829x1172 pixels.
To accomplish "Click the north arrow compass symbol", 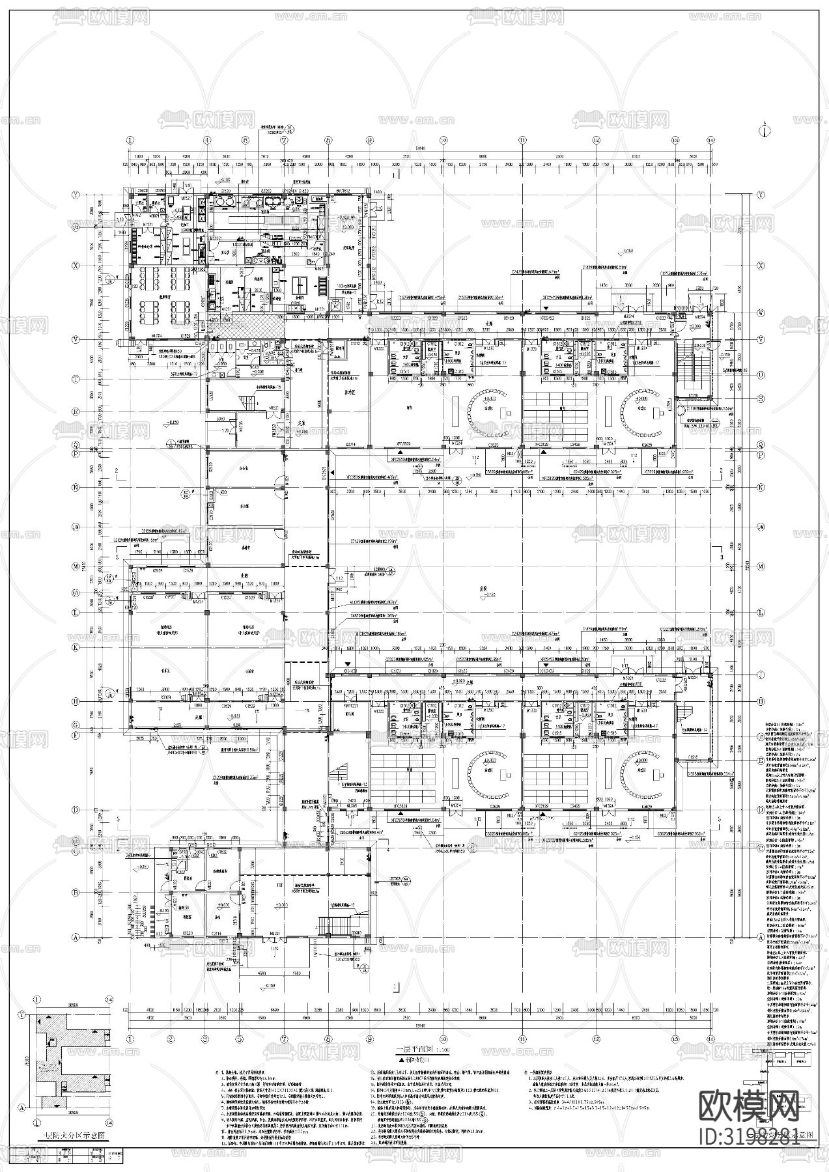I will point(761,128).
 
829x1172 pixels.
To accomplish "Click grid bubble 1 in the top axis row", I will point(130,139).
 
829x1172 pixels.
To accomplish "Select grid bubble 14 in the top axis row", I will point(712,139).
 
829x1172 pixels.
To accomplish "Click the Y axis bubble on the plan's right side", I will point(760,194).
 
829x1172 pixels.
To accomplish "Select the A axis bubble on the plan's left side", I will point(93,937).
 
